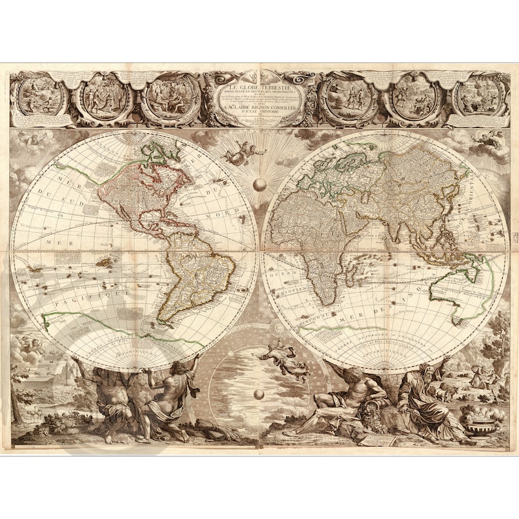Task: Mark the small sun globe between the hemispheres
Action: click(260, 185)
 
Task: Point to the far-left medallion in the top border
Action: click(41, 97)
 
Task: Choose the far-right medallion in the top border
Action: click(480, 97)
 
